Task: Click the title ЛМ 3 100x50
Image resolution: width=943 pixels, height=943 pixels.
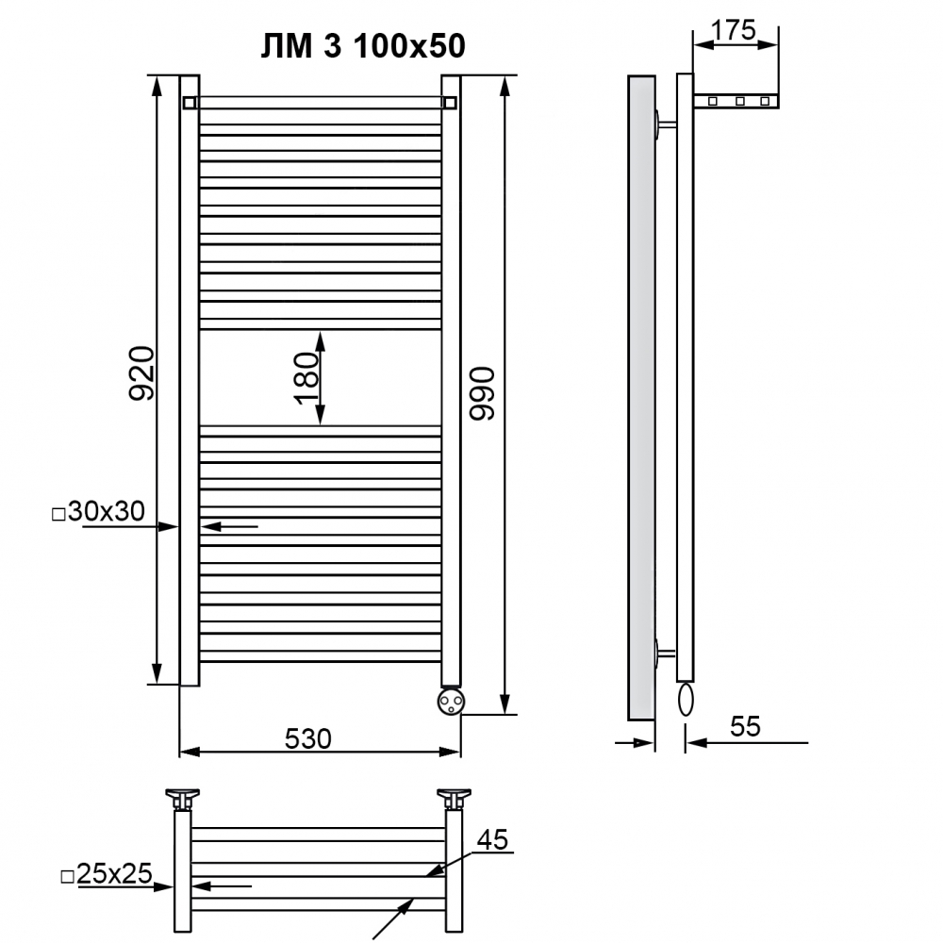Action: tap(363, 45)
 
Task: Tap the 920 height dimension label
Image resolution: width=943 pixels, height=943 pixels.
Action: tap(142, 372)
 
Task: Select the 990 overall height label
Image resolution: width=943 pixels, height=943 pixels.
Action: tap(482, 394)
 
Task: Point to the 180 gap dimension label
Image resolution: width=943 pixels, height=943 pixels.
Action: tap(306, 378)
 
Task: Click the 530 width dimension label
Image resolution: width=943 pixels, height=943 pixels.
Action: tap(308, 738)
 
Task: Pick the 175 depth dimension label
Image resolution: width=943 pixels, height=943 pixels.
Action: tap(733, 30)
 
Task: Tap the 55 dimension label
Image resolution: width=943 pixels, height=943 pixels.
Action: tap(745, 726)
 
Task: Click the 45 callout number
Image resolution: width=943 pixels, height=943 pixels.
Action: tap(492, 840)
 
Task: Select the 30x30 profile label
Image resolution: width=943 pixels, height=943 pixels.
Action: tap(99, 512)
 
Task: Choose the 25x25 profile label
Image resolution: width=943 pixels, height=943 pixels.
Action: tap(108, 874)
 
